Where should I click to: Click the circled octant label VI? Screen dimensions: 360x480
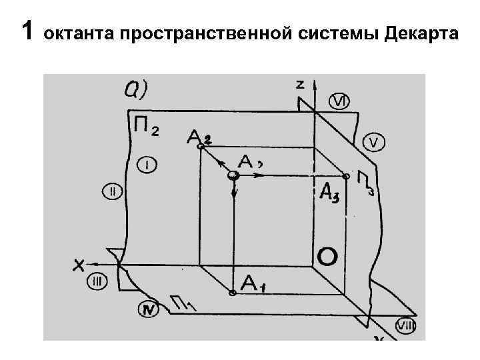point(339,101)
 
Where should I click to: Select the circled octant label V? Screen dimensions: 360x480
point(373,143)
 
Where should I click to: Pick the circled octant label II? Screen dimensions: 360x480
point(112,193)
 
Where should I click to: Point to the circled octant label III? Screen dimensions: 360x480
point(97,282)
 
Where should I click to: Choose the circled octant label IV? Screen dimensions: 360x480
point(149,309)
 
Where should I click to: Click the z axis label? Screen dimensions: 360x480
point(301,84)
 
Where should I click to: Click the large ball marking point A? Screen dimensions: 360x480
point(232,175)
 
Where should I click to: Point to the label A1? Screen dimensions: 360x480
point(254,284)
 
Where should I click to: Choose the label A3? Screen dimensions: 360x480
point(330,191)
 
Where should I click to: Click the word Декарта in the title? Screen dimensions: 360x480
point(421,32)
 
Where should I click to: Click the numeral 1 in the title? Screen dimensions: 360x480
point(27,30)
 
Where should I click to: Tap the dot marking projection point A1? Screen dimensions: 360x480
point(231,293)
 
